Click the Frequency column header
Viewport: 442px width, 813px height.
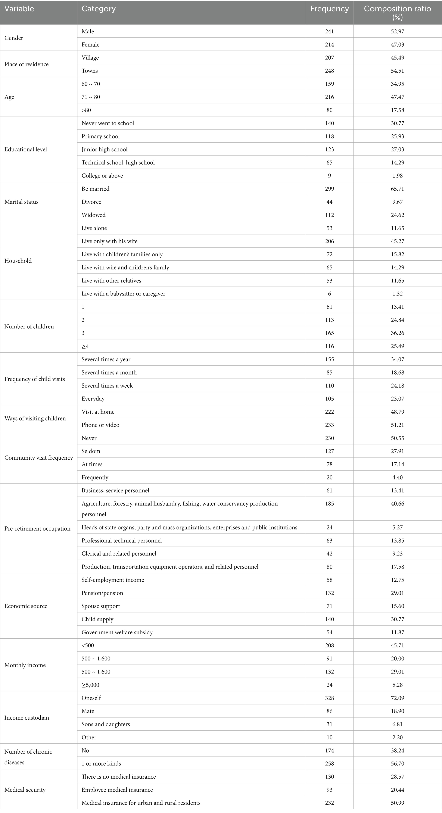(329, 9)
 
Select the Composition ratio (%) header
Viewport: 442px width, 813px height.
(397, 13)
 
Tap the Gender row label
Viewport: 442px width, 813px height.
(14, 38)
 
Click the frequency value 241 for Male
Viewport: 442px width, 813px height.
(329, 31)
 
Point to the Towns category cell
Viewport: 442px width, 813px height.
(90, 71)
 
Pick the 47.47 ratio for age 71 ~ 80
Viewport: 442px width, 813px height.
(397, 97)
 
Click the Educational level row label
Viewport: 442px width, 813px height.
(26, 149)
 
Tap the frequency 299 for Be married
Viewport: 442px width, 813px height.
(329, 189)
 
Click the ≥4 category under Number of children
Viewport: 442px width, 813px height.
(85, 346)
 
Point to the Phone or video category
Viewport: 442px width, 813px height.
(100, 425)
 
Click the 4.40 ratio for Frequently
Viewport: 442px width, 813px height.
(397, 477)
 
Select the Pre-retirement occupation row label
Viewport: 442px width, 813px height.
(37, 528)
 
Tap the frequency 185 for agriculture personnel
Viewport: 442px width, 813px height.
(329, 503)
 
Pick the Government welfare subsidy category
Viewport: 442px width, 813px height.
(117, 632)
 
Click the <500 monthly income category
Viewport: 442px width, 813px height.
(88, 645)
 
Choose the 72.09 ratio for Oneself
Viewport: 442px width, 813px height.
(397, 698)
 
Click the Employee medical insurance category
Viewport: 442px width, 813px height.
(117, 790)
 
